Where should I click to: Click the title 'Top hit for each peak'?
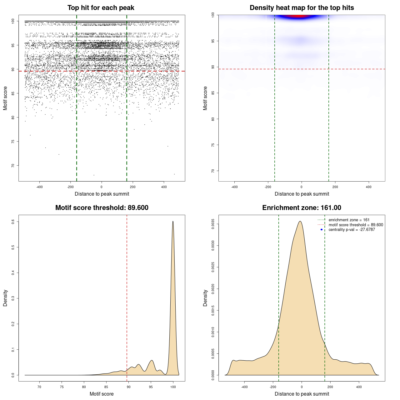tap(101, 8)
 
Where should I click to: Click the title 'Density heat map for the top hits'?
tap(302, 8)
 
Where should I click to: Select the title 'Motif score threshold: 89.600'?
tap(102, 208)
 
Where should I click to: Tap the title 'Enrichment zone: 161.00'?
tap(302, 208)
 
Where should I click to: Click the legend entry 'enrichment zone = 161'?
tap(349, 220)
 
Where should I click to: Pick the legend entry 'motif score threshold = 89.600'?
tap(356, 225)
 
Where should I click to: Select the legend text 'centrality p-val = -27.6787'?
tap(352, 230)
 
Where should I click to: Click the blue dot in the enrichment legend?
tap(322, 230)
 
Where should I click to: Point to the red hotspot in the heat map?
tap(299, 16)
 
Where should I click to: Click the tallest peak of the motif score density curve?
tap(173, 222)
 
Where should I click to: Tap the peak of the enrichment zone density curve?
tap(300, 221)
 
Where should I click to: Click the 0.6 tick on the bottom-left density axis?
tap(13, 222)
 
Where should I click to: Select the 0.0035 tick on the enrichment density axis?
tap(213, 224)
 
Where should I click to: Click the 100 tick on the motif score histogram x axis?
tap(173, 387)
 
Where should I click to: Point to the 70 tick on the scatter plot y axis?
tap(13, 166)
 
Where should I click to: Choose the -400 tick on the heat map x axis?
tap(234, 187)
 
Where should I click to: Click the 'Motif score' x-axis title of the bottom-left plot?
tap(102, 394)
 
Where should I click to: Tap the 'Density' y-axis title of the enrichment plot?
tap(205, 298)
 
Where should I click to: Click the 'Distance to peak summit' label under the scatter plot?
tap(102, 194)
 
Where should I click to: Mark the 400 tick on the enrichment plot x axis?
tap(359, 387)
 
